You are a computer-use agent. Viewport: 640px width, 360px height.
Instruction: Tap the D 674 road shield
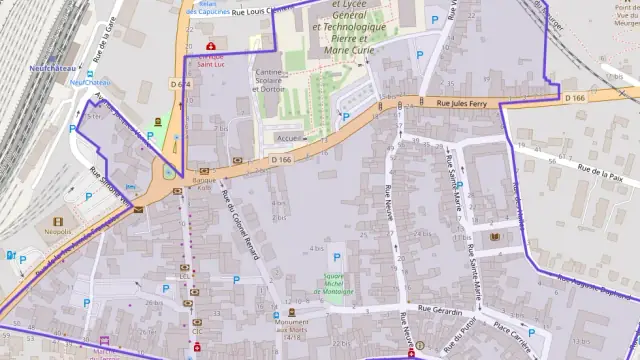180,83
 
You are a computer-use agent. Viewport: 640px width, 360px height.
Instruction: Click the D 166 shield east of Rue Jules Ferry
574,97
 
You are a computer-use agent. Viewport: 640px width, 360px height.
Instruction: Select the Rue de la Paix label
601,171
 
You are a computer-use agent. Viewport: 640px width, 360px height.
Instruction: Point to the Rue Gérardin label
441,308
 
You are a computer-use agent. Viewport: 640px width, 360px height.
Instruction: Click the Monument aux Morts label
292,332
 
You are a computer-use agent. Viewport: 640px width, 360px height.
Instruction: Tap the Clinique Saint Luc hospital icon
210,46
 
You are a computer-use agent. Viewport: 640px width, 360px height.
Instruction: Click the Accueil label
289,138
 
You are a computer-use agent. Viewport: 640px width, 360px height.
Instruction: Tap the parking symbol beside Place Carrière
532,332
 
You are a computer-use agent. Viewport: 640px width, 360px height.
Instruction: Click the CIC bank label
197,331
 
